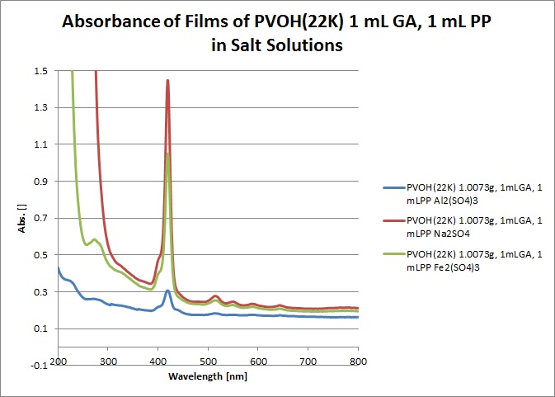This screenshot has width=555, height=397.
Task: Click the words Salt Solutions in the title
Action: (x=279, y=46)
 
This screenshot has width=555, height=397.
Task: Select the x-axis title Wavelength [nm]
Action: (x=208, y=378)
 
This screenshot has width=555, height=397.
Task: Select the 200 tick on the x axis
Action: (x=58, y=362)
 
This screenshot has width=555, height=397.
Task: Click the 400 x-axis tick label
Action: (x=158, y=362)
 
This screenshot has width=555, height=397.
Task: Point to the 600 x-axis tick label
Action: (x=258, y=362)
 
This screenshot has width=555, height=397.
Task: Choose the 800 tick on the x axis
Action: (x=358, y=362)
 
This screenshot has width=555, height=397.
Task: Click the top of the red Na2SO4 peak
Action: (x=167, y=81)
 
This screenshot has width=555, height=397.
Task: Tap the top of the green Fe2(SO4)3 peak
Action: (x=167, y=154)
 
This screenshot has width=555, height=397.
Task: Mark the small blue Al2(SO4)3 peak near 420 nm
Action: (x=167, y=291)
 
